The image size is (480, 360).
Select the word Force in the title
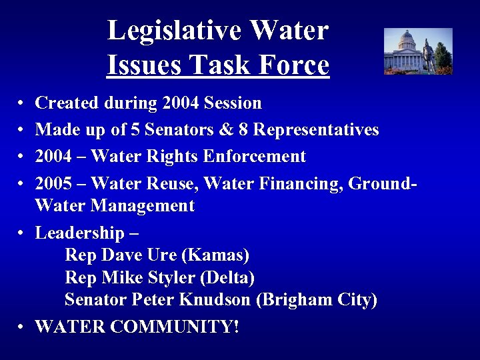295,65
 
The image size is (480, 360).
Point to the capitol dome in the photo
406,38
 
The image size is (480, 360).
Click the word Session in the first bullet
233,103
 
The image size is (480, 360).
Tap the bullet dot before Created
21,104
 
